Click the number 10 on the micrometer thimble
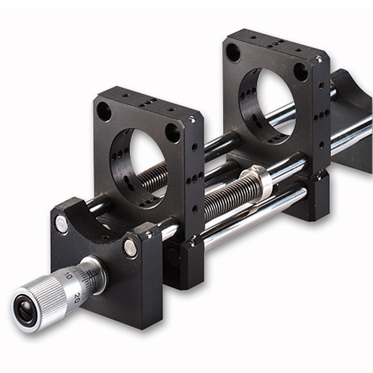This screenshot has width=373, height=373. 68,276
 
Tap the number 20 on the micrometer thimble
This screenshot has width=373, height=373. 76,298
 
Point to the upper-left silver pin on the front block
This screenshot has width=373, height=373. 62,223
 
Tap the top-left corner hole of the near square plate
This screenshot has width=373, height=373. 104,111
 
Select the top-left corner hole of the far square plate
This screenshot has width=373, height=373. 233,52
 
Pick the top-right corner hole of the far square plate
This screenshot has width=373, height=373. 300,71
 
